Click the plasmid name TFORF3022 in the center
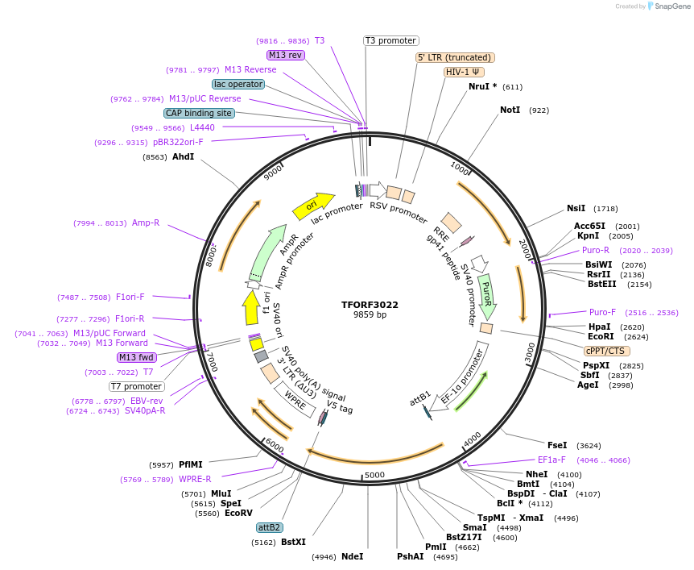[370, 305]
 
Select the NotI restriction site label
[510, 110]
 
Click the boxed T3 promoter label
[391, 40]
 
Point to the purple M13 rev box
[286, 55]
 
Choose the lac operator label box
[238, 84]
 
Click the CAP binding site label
[199, 114]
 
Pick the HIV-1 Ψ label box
[464, 72]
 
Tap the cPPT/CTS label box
[607, 351]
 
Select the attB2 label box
[269, 527]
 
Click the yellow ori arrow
[313, 206]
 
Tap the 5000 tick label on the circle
[375, 475]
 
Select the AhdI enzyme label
[183, 157]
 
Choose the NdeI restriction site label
[352, 556]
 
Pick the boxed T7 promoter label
[137, 386]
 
